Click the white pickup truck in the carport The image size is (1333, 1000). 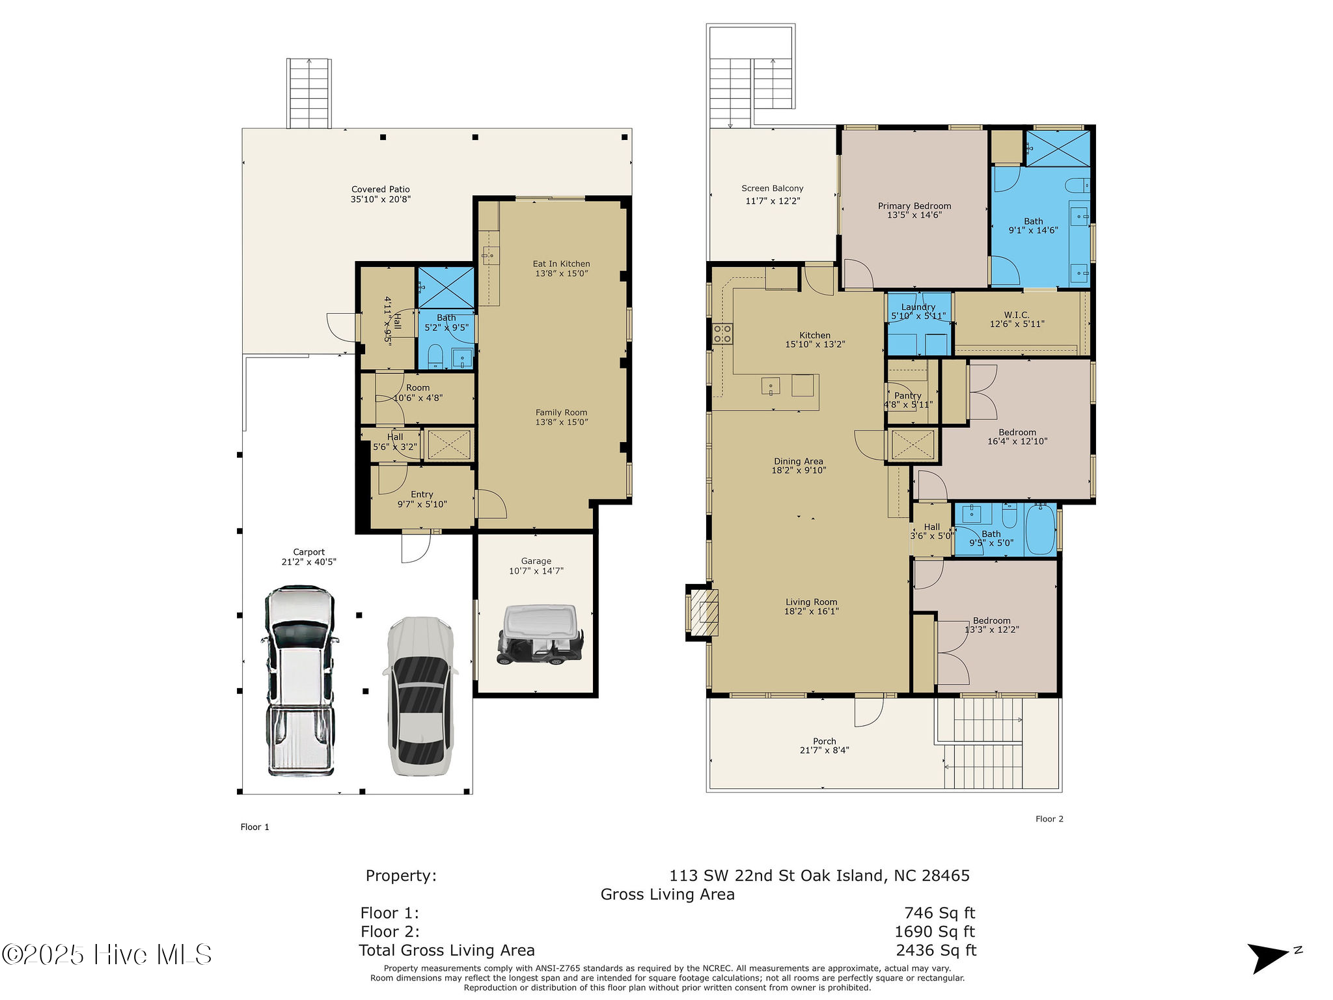point(300,680)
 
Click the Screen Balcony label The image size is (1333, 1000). point(772,188)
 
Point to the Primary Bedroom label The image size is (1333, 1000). point(914,206)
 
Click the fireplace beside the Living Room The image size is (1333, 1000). point(704,612)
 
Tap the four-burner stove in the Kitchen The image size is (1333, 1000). point(722,333)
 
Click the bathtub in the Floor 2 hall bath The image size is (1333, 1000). point(1039,529)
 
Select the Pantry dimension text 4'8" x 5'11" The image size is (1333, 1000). point(908,405)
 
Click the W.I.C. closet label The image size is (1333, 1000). point(1016,314)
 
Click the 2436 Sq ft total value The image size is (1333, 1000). point(935,951)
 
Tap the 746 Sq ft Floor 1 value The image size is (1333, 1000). point(939,913)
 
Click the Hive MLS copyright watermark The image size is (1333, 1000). point(107,954)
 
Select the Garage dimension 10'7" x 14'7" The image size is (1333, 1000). point(536,571)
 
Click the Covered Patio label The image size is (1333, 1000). point(380,189)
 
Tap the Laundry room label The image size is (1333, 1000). point(918,307)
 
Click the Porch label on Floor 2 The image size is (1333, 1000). point(824,741)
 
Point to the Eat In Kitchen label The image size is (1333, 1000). point(561,264)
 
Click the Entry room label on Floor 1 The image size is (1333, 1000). point(422,494)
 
